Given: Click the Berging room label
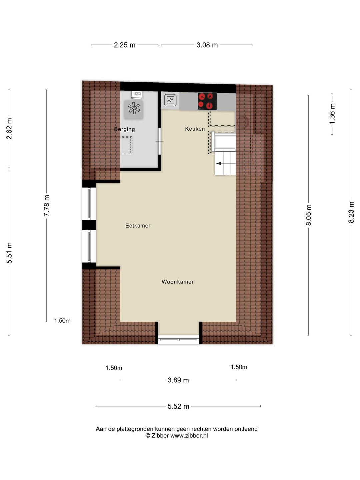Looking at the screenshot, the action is pos(124,129).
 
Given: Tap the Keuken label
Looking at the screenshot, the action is pos(195,129).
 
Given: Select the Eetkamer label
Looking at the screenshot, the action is pos(138,226).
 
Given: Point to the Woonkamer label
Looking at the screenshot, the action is pos(177,282).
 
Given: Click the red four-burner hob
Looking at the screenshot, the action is pos(207,101).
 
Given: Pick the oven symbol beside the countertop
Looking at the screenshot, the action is pos(170,100).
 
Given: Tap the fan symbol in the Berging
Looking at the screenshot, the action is pos(134,108).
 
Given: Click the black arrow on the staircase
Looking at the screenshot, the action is pos(219,163).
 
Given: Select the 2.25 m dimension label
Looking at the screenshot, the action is pos(125,45).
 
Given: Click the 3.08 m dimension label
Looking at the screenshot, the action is pos(207,45).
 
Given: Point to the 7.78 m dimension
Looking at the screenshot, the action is pos(47,206).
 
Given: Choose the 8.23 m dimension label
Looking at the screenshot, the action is pos(351,212).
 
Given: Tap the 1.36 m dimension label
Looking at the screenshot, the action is pos(332,114).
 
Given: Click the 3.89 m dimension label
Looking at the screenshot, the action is pos(178,380).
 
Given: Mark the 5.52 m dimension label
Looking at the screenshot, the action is pos(178,406).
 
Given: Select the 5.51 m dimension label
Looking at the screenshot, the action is pos(9,253).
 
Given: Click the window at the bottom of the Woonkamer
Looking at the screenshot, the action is pos(179,340).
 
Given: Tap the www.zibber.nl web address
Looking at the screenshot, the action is pos(189,436).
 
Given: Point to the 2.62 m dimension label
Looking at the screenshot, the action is pos(9,129).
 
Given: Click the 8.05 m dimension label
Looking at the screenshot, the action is pos(308,215).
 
